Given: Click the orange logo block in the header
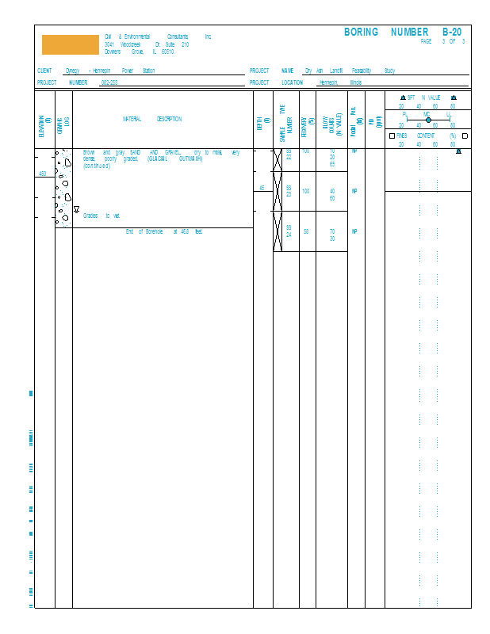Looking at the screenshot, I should (71, 44).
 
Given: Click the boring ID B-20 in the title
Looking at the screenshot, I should (451, 32).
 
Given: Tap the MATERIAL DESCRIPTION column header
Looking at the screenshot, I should (151, 120).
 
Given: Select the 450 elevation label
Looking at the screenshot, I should (43, 174).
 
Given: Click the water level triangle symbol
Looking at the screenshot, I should (76, 210).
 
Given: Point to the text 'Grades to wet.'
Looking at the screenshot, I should (101, 216).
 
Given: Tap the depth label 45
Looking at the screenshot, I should (262, 188).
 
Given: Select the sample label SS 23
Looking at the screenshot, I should (289, 191).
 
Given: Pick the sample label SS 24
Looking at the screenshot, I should (289, 231).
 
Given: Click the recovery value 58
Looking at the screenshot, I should (306, 231).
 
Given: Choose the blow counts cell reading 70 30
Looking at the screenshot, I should (331, 235).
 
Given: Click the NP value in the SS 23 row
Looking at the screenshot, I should (354, 191).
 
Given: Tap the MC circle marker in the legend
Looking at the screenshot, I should (428, 120).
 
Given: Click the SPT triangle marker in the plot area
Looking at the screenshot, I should (458, 151).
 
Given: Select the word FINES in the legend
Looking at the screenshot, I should (401, 136).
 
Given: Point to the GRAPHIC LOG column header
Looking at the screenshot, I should (64, 120).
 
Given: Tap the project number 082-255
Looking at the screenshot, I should (109, 82).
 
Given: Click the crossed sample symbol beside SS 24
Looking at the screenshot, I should (278, 231).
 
